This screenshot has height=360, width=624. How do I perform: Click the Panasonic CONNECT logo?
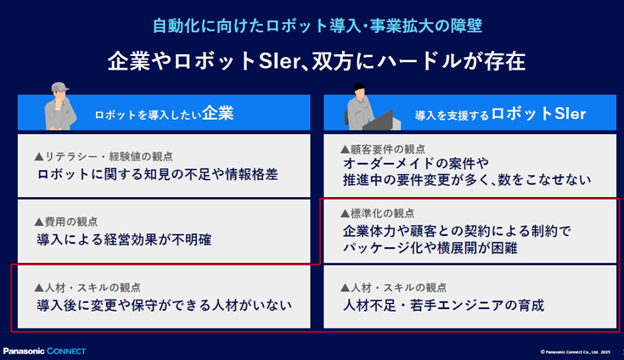coord(44,352)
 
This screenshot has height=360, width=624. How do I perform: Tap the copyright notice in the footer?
coord(575,352)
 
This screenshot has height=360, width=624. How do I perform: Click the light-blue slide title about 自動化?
coord(318,25)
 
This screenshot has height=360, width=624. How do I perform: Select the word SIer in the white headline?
coord(278,61)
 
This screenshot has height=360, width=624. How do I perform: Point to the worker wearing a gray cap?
coord(59,106)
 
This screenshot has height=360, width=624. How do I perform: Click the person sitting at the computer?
coord(360,107)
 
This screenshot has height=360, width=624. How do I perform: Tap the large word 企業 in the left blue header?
coord(217,114)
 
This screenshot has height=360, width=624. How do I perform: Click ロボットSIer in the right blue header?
coord(538,114)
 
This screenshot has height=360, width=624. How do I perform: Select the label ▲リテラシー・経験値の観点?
coord(104,156)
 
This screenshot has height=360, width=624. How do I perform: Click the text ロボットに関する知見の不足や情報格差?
coord(158,174)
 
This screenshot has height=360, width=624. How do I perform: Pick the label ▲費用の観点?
coord(65,222)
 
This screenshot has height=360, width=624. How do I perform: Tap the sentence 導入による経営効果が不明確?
coord(124,239)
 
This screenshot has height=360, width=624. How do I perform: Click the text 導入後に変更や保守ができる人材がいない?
coord(165,305)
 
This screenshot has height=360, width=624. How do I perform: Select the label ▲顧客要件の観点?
coord(382,149)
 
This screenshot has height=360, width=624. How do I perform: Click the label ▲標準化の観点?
coord(377,214)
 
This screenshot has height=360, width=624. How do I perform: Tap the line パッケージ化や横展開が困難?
coord(430,248)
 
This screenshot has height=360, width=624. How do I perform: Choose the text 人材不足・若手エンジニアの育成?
coord(443,305)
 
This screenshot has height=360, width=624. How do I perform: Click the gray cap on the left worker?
coord(59,87)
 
